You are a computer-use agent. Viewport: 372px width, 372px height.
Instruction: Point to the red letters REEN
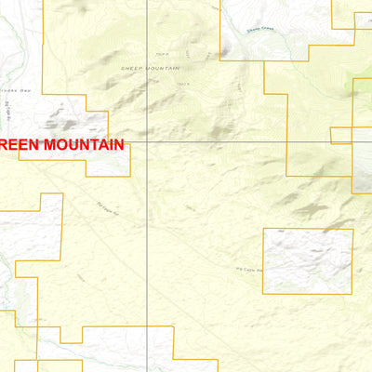pos(19,145)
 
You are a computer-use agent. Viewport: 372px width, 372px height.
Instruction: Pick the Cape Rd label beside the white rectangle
pos(249,271)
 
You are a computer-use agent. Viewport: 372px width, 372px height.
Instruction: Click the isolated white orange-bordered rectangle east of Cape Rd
pos(308,261)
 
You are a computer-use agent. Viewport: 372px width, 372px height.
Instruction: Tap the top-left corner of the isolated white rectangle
pos(264,229)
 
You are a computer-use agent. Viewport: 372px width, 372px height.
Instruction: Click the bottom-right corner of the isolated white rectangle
pos(352,294)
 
